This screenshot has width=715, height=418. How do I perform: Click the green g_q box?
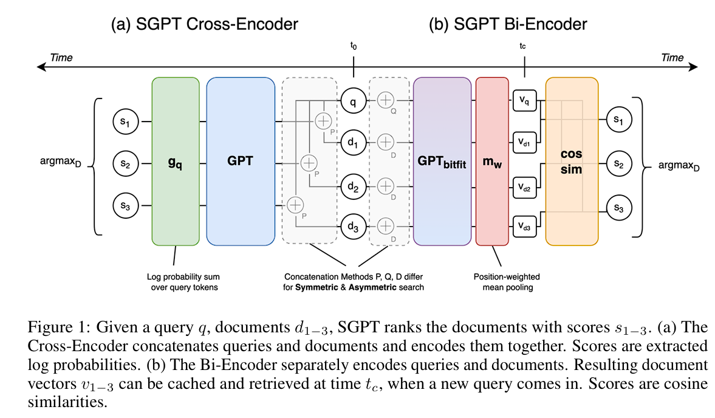(176, 162)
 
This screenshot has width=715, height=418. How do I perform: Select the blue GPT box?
(241, 162)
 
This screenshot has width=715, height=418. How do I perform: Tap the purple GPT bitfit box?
(442, 162)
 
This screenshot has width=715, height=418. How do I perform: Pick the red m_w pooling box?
(492, 162)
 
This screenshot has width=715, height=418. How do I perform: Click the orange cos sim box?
(572, 162)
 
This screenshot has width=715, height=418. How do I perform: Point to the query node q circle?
(354, 101)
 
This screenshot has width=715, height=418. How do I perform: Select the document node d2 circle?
(354, 186)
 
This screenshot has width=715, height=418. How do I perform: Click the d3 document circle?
(354, 226)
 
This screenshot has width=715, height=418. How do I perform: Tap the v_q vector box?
(524, 101)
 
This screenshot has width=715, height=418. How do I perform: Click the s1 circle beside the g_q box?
(125, 122)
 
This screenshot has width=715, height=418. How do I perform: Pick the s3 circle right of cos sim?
(619, 207)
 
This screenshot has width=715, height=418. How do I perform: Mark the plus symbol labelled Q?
(386, 100)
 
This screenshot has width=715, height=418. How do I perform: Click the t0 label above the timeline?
(354, 46)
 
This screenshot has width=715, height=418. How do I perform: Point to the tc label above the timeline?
(522, 46)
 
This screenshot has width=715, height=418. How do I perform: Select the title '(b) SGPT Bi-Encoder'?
(507, 24)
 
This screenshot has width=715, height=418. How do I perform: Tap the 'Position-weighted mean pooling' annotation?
(507, 282)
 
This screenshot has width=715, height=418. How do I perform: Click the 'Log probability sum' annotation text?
(183, 276)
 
